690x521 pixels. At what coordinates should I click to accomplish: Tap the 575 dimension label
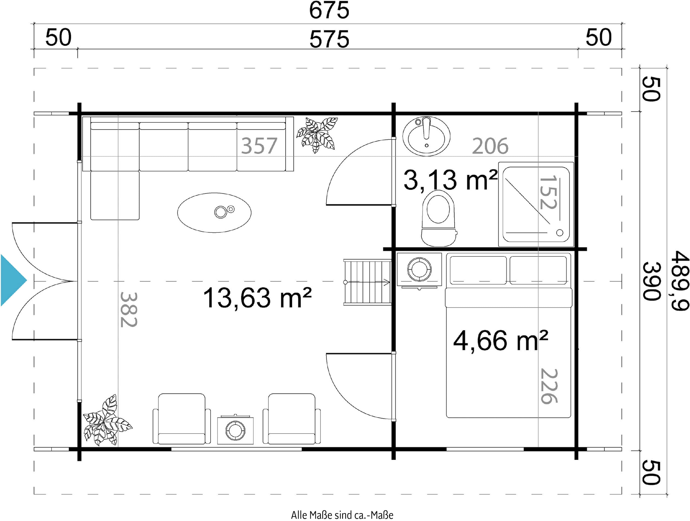[x=329, y=39]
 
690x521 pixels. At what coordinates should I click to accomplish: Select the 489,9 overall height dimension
[x=680, y=280]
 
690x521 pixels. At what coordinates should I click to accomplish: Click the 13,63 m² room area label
[x=257, y=298]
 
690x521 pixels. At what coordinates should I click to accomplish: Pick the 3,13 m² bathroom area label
[x=451, y=180]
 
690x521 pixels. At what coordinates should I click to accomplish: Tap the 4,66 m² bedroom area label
[x=500, y=341]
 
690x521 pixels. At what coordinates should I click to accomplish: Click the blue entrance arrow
[x=14, y=280]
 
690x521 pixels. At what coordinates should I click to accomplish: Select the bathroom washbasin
[x=426, y=136]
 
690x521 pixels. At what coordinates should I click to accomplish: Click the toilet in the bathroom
[x=438, y=218]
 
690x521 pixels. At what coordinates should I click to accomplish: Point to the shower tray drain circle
[x=559, y=232]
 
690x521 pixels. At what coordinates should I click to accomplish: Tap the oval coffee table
[x=214, y=213]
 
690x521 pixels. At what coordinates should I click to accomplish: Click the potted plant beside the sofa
[x=317, y=135]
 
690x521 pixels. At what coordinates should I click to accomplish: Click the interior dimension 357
[x=259, y=146]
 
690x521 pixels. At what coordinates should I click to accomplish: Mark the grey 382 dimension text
[x=129, y=309]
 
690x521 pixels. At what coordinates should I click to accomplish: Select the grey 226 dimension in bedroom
[x=549, y=386]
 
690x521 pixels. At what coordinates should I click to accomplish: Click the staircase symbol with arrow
[x=367, y=282]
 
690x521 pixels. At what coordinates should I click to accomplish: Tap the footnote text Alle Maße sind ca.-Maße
[x=342, y=515]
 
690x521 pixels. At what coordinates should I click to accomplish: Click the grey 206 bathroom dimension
[x=490, y=146]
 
